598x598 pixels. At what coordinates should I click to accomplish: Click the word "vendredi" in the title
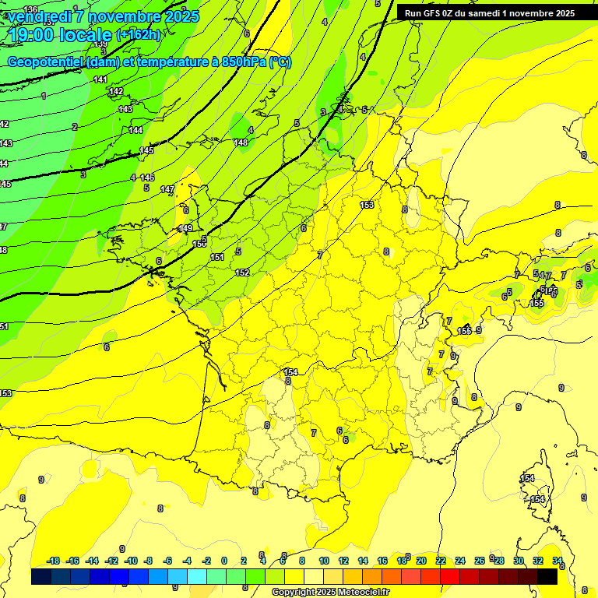point(40,16)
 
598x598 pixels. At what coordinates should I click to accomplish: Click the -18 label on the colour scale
point(54,561)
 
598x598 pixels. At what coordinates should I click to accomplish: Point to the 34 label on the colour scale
point(558,561)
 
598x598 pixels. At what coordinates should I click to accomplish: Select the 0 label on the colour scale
point(223,561)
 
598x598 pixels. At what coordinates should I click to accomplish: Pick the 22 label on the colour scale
point(441,561)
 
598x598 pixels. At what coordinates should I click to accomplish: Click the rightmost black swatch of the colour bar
point(547,576)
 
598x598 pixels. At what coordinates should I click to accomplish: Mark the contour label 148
point(241,142)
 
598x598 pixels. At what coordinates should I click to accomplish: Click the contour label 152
point(242,273)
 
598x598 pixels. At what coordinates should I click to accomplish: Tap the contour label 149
point(185,228)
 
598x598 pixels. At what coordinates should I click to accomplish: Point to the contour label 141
point(100,79)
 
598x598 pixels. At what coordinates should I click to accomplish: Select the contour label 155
point(536,303)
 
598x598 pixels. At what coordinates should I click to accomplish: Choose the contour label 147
point(167,189)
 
